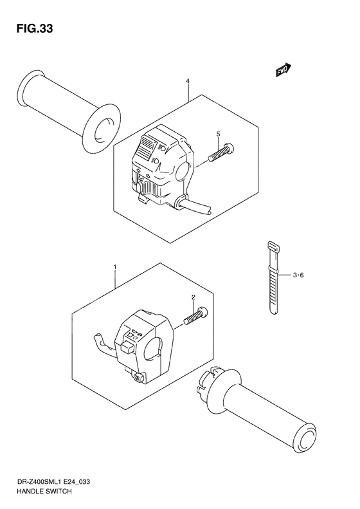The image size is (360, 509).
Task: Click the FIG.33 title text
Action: (x=30, y=29)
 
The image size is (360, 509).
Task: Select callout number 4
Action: (x=187, y=82)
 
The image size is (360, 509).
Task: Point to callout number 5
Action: (x=218, y=134)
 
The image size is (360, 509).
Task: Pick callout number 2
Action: (x=192, y=297)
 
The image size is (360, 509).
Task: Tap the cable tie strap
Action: (x=271, y=277)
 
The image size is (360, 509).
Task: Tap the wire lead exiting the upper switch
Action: (x=196, y=205)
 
